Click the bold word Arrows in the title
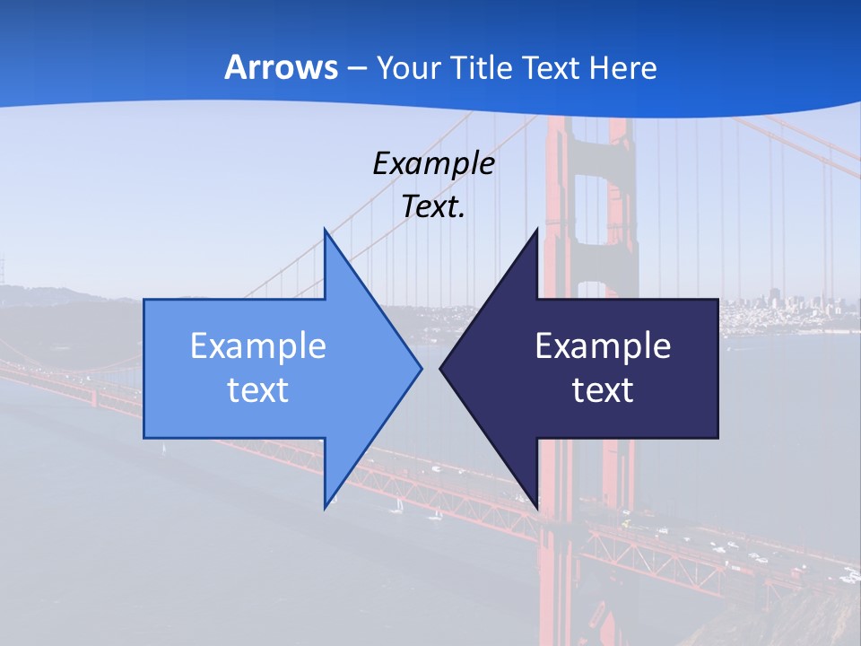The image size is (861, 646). [x=282, y=67]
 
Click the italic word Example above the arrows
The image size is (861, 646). [x=433, y=163]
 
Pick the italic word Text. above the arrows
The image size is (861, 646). [x=433, y=206]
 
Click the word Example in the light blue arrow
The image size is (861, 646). [x=258, y=345]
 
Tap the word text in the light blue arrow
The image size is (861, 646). [x=258, y=389]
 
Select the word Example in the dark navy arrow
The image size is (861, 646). [x=603, y=345]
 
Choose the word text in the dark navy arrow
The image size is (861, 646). [x=603, y=389]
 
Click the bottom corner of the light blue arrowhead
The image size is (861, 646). [x=326, y=506]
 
